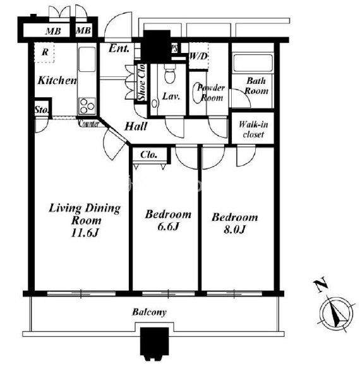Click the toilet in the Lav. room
point(170,74)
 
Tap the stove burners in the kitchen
point(87,106)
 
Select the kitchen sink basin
point(87,59)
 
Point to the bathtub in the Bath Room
point(253,63)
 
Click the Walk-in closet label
point(253,129)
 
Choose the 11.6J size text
point(85,233)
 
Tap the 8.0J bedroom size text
point(234,230)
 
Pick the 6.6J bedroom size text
point(168,227)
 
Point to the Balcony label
point(149,312)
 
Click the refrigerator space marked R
point(45,52)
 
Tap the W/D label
point(198,56)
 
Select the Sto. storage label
point(42,109)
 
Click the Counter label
point(89,124)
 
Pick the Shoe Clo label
point(141,83)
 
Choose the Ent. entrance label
point(119,49)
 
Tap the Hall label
point(136,126)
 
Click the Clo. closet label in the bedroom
point(148,155)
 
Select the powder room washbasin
point(197,93)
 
